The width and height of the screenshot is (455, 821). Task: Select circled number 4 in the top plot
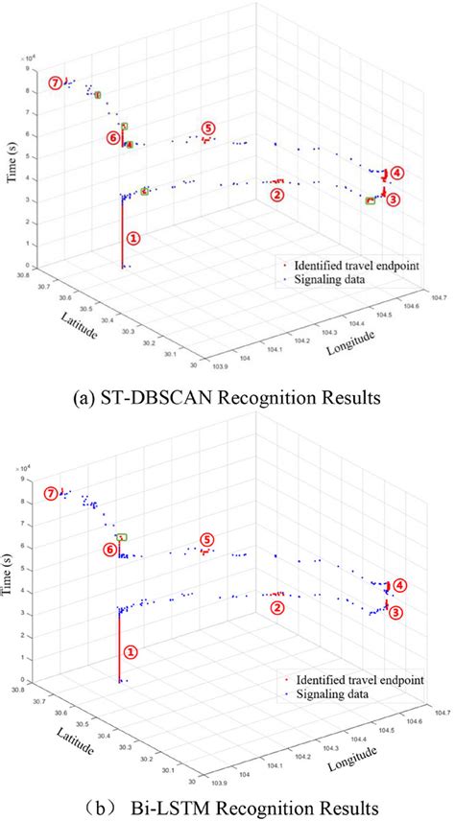coord(397,174)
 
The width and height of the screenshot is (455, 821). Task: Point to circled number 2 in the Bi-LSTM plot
coord(276,607)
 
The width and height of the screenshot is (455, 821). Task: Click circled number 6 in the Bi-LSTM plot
coord(111,550)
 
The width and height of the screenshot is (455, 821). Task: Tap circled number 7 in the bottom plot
coord(52,494)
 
